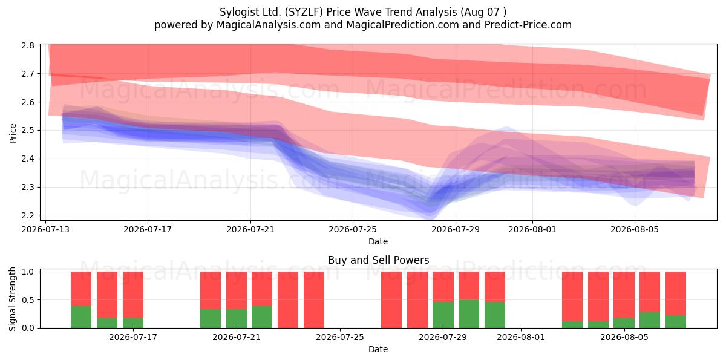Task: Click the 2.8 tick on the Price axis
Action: point(28,45)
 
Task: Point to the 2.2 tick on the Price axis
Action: point(28,215)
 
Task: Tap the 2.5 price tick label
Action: point(28,131)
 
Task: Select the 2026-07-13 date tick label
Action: point(45,229)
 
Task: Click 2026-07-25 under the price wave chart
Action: point(353,229)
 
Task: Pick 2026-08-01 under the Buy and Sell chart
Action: point(521,337)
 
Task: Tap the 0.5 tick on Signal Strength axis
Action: point(28,300)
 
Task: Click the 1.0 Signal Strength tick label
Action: point(28,272)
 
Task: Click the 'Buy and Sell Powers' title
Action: point(378,260)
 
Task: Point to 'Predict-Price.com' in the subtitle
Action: point(528,25)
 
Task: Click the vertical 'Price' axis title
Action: point(13,133)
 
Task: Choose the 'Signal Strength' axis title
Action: point(12,299)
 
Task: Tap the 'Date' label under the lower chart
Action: point(378,349)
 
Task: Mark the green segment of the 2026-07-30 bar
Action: point(469,314)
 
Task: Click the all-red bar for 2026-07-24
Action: point(314,300)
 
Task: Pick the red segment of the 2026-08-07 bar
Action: point(676,293)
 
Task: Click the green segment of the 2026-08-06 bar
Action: point(650,320)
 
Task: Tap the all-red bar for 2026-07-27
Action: point(391,300)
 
